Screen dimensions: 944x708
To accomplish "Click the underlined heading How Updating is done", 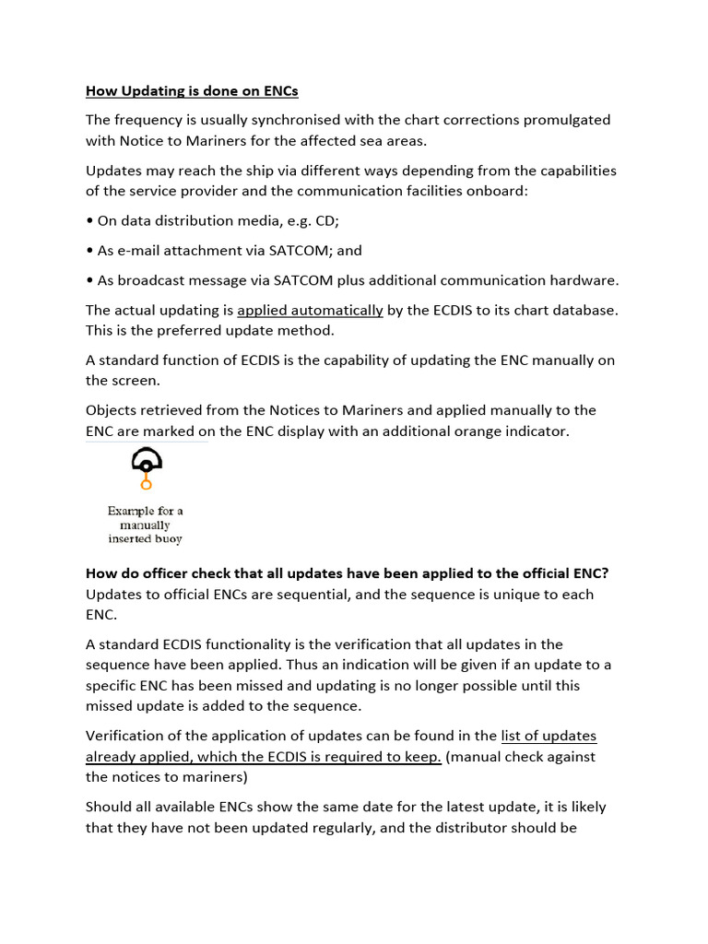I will (x=192, y=90).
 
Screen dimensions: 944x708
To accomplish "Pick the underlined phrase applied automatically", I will (x=310, y=310).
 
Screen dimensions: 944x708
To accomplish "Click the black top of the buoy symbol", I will (x=147, y=459).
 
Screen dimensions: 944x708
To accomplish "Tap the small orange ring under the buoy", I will (x=146, y=484).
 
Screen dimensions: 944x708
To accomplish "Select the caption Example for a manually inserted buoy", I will (x=146, y=525).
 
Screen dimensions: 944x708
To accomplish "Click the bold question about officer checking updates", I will (x=347, y=573).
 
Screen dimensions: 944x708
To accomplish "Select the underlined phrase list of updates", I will (x=549, y=736).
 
